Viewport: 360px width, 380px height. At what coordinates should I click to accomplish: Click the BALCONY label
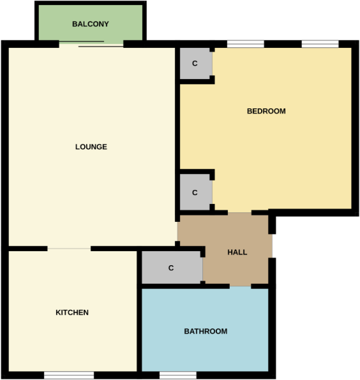pos(90,24)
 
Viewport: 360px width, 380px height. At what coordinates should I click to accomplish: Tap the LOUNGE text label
pos(91,147)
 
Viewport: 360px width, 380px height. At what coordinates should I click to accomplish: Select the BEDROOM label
pos(266,111)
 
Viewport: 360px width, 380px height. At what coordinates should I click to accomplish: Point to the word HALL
pos(237,252)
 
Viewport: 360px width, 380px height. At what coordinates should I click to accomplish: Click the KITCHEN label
pos(72,312)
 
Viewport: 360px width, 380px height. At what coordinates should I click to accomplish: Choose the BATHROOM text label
pos(206,331)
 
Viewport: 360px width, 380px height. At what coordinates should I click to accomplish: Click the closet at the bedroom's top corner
pos(195,63)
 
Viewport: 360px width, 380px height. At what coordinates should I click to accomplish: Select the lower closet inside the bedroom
pos(195,192)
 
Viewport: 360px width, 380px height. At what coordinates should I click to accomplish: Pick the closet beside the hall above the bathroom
pos(171,268)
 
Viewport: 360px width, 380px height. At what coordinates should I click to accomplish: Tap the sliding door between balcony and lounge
pos(92,44)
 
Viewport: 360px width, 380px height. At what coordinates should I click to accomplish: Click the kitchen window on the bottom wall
pos(69,375)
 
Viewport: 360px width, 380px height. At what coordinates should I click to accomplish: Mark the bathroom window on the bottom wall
pos(177,375)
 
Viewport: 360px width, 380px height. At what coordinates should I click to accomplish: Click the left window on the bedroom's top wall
pos(246,44)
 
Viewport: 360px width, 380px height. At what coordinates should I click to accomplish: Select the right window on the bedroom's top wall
pos(320,44)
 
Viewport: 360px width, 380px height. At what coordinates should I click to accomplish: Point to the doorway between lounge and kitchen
pos(69,248)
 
